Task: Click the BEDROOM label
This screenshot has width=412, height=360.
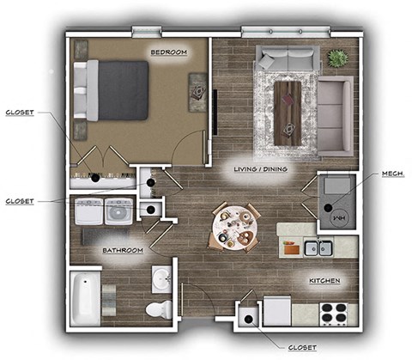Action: pos(169,52)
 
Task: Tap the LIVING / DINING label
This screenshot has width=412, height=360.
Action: pos(262,169)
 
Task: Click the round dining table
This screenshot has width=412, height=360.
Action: pos(233,226)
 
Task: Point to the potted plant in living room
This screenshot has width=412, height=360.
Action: pos(338,58)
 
